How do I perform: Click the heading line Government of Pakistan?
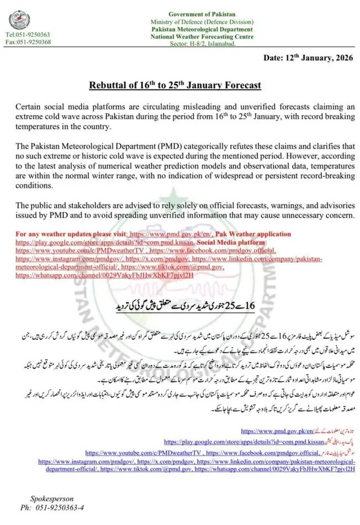202,14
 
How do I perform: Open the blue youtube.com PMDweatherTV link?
143,452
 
